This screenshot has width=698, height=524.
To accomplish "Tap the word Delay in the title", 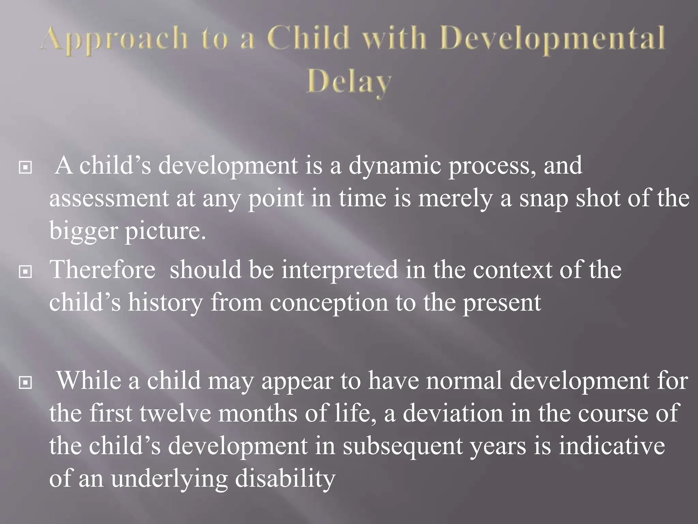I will [x=349, y=83].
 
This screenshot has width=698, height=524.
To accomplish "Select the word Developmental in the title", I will [x=552, y=40].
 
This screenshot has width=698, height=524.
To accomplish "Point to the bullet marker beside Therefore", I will [x=26, y=272].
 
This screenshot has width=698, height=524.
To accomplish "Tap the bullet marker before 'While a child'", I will [x=26, y=383].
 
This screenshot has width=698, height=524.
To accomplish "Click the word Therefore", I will [x=103, y=270].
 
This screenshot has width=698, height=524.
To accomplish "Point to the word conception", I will [x=329, y=303].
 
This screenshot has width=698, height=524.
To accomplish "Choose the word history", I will [x=165, y=303].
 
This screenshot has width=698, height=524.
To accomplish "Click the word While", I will [x=89, y=381].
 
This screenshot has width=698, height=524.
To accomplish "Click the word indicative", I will [x=611, y=446].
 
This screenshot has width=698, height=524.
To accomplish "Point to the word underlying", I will [x=169, y=479].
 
